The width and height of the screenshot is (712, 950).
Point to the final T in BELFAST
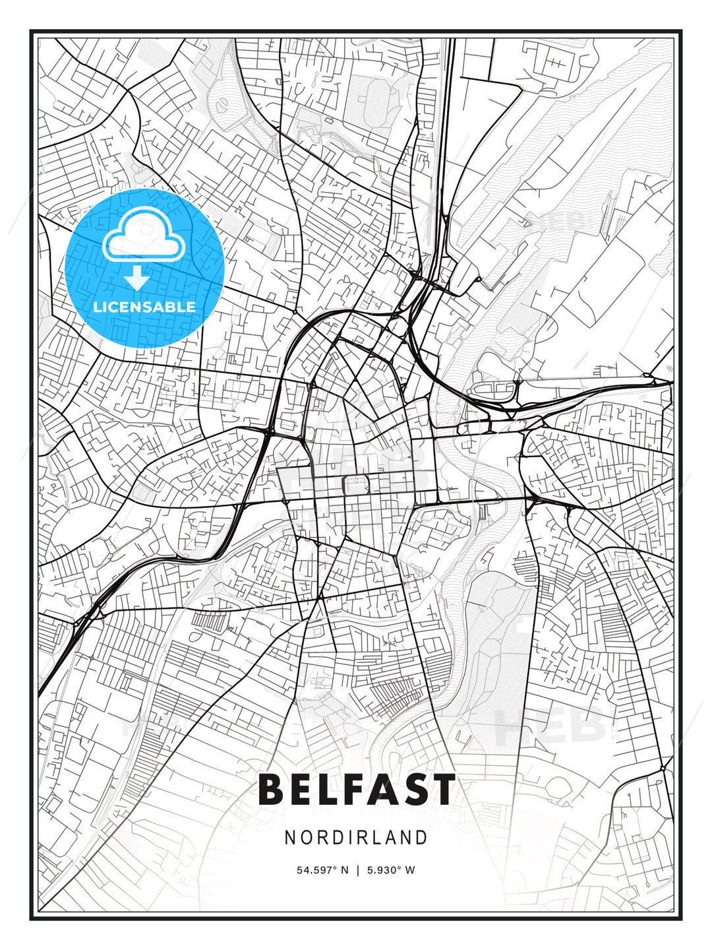tap(440, 790)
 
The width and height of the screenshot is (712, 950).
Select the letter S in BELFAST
tap(411, 790)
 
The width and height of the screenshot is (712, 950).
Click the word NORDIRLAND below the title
tap(356, 837)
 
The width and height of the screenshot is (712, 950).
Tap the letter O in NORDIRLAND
tap(305, 837)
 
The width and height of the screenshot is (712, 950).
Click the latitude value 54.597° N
tap(322, 870)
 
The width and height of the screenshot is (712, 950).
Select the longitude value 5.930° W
tap(391, 870)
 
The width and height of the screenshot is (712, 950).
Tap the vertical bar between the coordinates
tap(357, 870)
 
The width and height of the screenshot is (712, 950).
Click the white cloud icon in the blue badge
tap(143, 236)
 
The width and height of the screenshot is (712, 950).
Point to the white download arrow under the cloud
tap(137, 278)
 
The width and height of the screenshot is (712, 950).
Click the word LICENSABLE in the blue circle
tap(144, 307)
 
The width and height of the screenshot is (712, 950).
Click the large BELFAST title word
tap(356, 790)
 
